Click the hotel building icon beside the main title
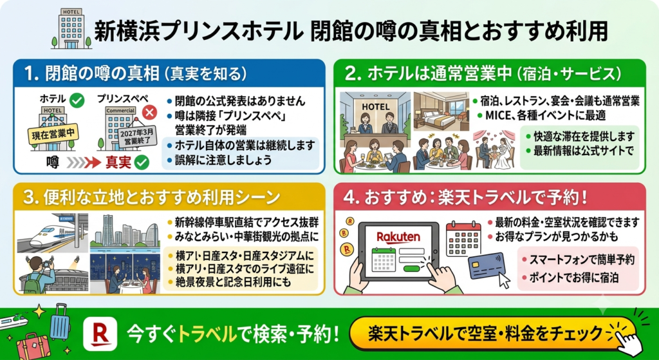(71, 28)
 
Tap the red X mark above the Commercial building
(149, 111)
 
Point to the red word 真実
(118, 163)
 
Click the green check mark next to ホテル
(77, 100)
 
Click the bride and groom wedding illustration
(494, 150)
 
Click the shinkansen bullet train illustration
(53, 233)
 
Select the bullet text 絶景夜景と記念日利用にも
(228, 282)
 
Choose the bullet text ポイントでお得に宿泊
(570, 278)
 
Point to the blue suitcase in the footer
(60, 322)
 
